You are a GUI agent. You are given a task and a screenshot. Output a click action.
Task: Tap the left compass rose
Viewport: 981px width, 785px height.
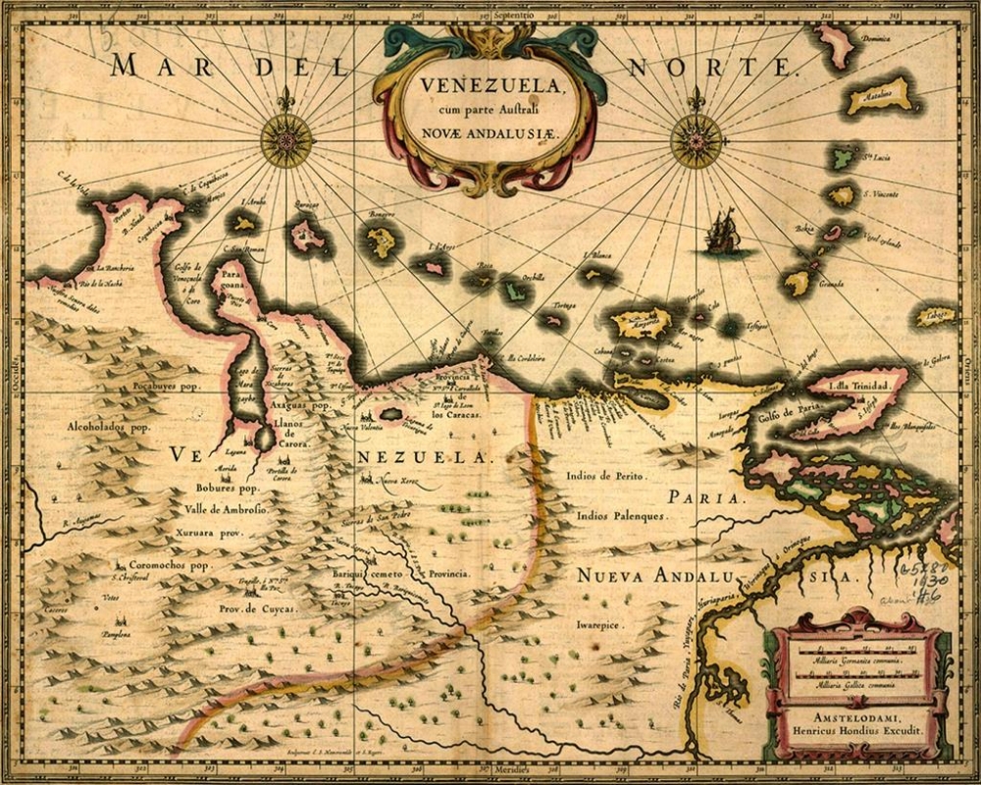(286, 140)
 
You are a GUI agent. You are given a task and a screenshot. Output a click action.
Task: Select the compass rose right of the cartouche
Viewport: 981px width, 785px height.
(697, 140)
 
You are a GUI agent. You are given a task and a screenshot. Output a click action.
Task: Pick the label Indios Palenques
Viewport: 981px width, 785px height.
(621, 514)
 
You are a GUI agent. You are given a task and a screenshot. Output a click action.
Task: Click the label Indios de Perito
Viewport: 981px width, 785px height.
(605, 476)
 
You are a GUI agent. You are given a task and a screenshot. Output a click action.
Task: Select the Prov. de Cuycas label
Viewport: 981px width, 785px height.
(256, 609)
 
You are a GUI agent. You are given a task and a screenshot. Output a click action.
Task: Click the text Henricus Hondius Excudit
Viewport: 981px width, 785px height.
(857, 731)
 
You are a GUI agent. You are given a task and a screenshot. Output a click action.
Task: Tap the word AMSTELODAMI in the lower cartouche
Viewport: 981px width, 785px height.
(857, 716)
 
